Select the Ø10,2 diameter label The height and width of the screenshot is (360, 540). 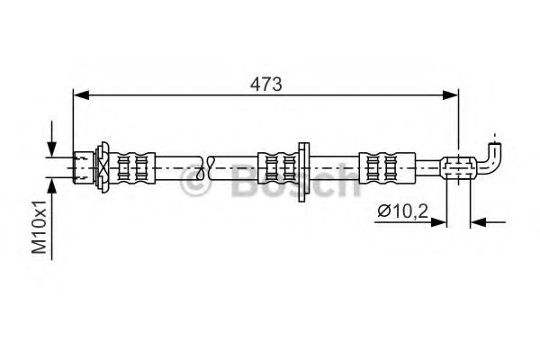point(401,211)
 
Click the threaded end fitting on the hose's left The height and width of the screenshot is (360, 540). point(85,165)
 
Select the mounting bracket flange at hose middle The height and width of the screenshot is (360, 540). point(304,165)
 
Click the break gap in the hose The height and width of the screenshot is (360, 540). point(206,165)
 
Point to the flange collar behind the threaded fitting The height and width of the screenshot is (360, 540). point(104,165)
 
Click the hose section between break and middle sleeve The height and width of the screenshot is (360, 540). point(236,165)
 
